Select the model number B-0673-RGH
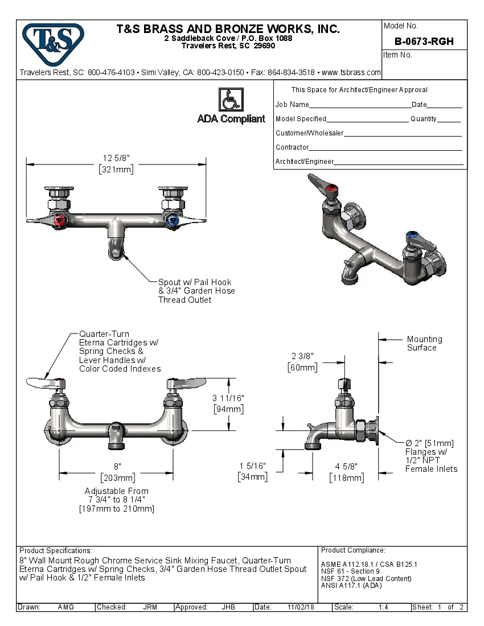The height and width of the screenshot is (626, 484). [424, 41]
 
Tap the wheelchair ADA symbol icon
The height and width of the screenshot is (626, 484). [231, 100]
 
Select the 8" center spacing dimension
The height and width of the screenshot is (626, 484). [117, 466]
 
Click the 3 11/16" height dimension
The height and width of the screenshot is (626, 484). [228, 398]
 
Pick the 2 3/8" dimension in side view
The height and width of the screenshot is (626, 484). [302, 357]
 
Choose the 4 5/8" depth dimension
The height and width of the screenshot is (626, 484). [346, 467]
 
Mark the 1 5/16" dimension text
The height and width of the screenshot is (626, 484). [252, 466]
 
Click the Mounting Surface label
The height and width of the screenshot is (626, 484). [424, 343]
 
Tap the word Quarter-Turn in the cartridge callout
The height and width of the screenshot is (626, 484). [104, 334]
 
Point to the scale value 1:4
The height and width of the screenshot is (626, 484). [383, 607]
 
